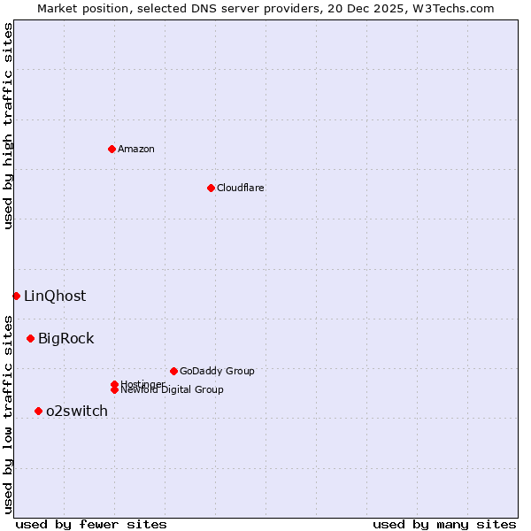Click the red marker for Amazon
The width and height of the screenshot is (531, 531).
pyautogui.click(x=112, y=149)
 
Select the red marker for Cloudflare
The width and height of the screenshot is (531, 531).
pyautogui.click(x=211, y=188)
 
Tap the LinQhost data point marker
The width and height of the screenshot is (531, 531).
pyautogui.click(x=16, y=296)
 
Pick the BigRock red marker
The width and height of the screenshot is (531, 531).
pyautogui.click(x=30, y=338)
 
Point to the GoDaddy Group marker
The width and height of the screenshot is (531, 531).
pyautogui.click(x=173, y=371)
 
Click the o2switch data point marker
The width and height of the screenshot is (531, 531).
pyautogui.click(x=38, y=411)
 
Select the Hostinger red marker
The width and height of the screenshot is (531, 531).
pyautogui.click(x=114, y=384)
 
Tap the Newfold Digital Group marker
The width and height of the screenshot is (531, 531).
pyautogui.click(x=114, y=390)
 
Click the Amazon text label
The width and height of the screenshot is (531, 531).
pyautogui.click(x=136, y=149)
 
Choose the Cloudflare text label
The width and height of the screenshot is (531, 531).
pyautogui.click(x=241, y=188)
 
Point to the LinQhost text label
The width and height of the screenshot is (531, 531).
pyautogui.click(x=55, y=296)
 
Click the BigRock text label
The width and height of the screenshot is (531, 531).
pyautogui.click(x=65, y=338)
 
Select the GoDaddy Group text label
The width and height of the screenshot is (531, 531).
pyautogui.click(x=217, y=371)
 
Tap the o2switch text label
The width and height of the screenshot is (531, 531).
pyautogui.click(x=77, y=411)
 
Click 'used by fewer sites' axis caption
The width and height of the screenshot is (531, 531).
pyautogui.click(x=91, y=524)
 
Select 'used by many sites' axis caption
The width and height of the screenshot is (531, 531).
pyautogui.click(x=444, y=524)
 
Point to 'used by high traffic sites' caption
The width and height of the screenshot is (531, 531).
pyautogui.click(x=8, y=126)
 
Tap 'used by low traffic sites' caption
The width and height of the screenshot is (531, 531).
pyautogui.click(x=8, y=414)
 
